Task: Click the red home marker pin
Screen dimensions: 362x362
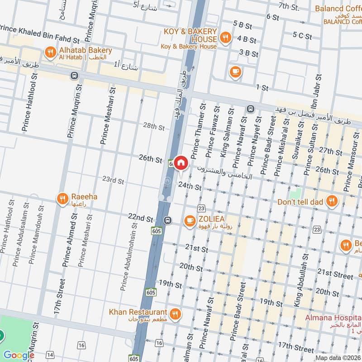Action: point(181,162)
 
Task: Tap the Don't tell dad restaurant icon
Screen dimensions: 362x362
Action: point(332,201)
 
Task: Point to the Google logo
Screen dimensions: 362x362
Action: point(18,355)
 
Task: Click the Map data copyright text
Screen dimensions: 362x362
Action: point(338,357)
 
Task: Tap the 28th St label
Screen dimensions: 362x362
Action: point(153,127)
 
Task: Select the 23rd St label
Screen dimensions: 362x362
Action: point(113,181)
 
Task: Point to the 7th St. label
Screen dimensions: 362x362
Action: point(289,6)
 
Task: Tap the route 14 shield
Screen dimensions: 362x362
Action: point(50,354)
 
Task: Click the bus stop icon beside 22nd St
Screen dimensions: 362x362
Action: point(168,220)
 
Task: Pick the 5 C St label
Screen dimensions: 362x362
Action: point(302,35)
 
